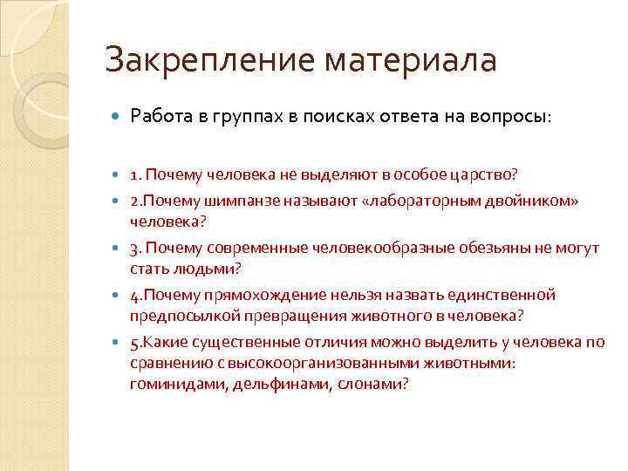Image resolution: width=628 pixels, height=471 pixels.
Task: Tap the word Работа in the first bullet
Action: [158, 116]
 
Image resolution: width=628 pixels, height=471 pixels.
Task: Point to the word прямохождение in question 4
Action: [245, 295]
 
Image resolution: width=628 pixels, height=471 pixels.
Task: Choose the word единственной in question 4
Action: [504, 295]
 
